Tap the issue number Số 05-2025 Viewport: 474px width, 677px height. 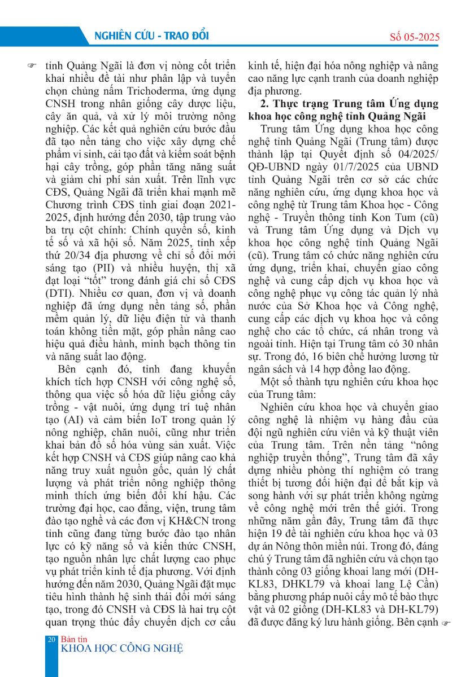(415, 38)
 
